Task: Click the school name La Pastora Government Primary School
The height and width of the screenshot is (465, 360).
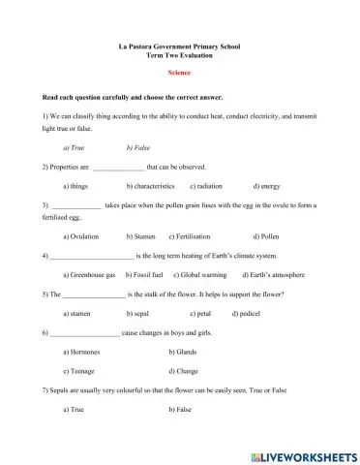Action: tap(179, 46)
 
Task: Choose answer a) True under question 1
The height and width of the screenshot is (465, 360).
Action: tap(73, 147)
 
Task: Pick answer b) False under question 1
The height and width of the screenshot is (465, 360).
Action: tap(137, 147)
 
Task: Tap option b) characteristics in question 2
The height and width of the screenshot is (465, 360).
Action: tap(150, 185)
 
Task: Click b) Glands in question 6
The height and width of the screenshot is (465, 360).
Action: tap(183, 352)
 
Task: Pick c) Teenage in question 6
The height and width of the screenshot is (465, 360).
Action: tap(78, 371)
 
